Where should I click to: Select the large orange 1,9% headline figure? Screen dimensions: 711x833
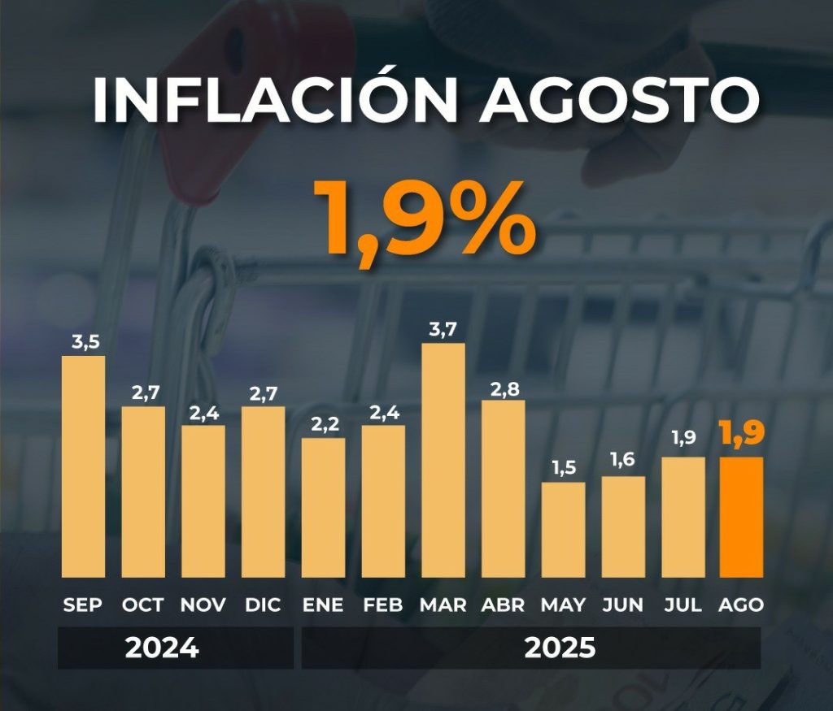tap(423, 217)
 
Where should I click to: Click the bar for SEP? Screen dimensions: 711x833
tap(84, 466)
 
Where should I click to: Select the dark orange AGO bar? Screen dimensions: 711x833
tap(741, 517)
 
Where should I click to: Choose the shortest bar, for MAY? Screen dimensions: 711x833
tap(563, 529)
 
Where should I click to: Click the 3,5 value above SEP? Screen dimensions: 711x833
tap(85, 342)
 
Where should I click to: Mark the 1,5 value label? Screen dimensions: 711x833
tap(563, 469)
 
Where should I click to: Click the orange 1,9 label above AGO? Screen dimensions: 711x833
tap(740, 436)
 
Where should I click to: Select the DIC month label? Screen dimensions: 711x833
tap(263, 605)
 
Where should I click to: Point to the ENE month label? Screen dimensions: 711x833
tap(323, 605)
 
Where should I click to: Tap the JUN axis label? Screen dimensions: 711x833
tap(623, 605)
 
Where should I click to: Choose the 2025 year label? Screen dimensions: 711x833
tap(560, 648)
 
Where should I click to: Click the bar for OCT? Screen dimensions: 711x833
tap(143, 492)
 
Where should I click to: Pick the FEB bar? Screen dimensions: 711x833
tap(383, 501)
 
